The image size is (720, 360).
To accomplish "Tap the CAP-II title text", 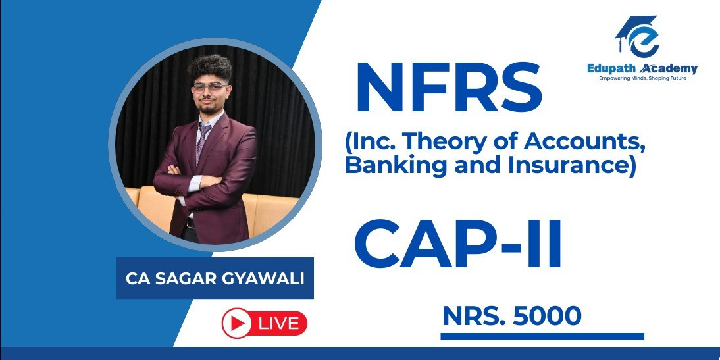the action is pyautogui.click(x=458, y=244).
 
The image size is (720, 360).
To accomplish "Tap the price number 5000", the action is pyautogui.click(x=547, y=316).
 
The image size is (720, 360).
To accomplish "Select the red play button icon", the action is pyautogui.click(x=237, y=323).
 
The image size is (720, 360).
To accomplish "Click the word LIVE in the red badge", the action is pyautogui.click(x=278, y=324).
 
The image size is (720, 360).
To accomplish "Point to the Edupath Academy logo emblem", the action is pyautogui.click(x=637, y=36).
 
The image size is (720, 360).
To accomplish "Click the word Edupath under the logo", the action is pyautogui.click(x=611, y=69).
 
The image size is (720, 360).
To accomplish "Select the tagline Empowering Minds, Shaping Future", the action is pyautogui.click(x=642, y=78).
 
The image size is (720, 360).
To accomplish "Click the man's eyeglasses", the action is pyautogui.click(x=211, y=88).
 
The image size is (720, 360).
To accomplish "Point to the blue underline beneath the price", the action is pyautogui.click(x=542, y=336).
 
